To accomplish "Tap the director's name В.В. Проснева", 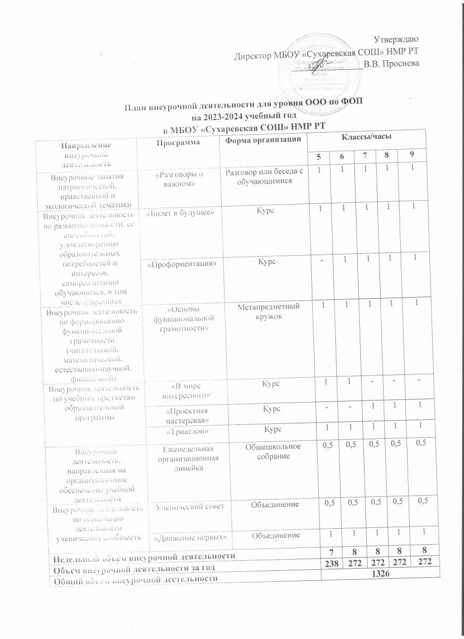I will (392, 64).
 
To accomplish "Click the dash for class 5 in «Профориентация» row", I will (321, 258).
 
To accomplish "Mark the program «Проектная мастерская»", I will (183, 414).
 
